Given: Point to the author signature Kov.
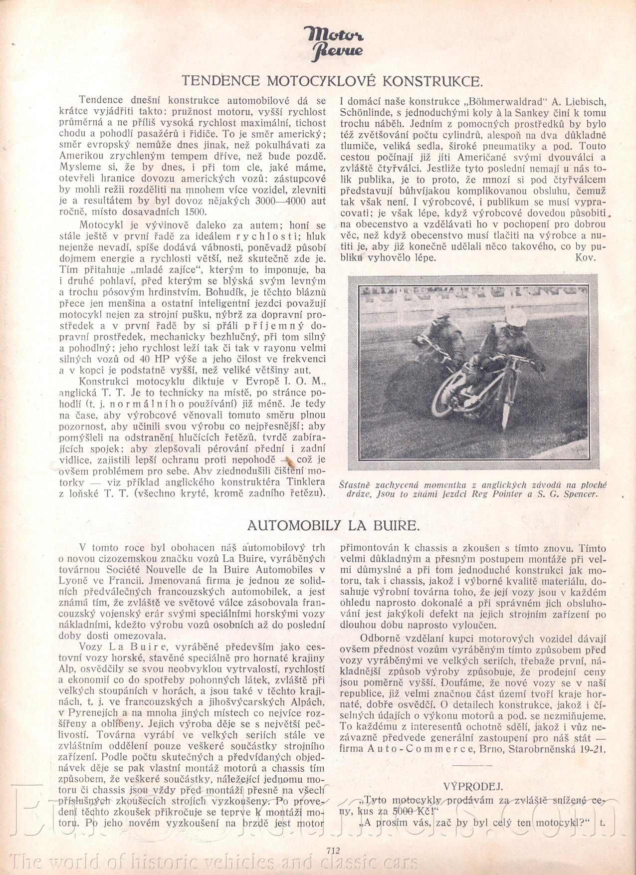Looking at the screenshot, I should (585, 257).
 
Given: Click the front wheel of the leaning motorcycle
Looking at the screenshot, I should (505, 409).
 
